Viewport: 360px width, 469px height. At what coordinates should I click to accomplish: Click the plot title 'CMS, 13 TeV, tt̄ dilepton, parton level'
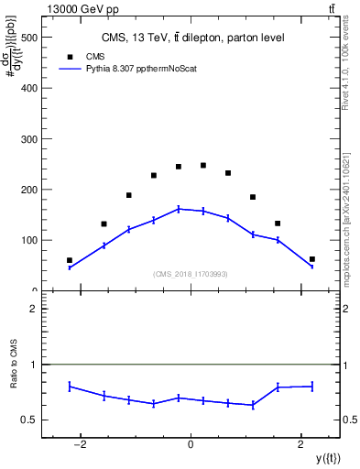(192, 38)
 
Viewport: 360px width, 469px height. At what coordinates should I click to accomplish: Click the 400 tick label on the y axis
(27, 89)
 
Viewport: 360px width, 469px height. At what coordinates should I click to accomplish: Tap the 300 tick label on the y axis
(27, 139)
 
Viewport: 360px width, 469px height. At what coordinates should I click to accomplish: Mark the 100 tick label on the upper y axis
(27, 240)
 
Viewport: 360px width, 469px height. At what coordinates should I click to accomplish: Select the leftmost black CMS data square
(70, 260)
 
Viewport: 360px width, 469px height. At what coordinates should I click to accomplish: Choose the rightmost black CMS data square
(312, 259)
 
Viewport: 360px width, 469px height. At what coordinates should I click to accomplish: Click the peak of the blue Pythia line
(179, 209)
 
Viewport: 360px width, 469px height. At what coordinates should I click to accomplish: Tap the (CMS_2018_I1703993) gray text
(191, 273)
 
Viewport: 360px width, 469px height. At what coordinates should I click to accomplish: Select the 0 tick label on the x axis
(191, 444)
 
